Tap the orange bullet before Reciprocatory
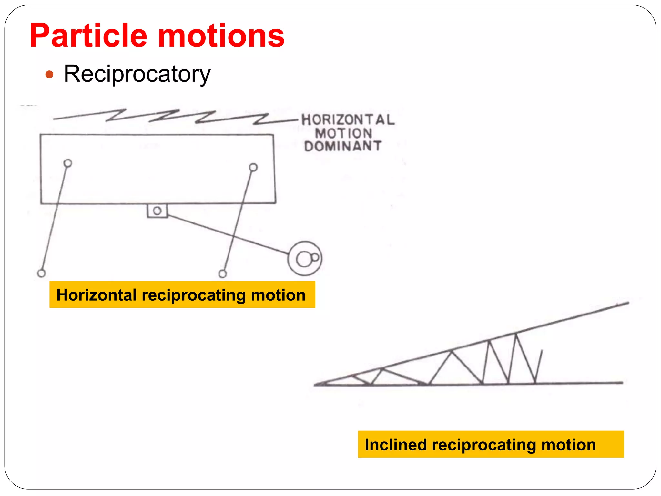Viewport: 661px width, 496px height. (x=49, y=75)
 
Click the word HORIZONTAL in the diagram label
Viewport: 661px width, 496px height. (x=348, y=120)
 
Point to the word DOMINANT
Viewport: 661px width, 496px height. (x=343, y=146)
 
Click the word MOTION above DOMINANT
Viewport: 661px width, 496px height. (x=344, y=133)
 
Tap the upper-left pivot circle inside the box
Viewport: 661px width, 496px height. (x=68, y=163)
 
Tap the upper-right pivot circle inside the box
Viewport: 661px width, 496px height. (x=253, y=167)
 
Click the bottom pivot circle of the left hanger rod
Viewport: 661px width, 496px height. (x=41, y=273)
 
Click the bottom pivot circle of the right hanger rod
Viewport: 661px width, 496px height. (x=223, y=274)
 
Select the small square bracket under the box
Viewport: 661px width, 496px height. (x=157, y=211)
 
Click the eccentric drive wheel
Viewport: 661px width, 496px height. (x=305, y=258)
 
